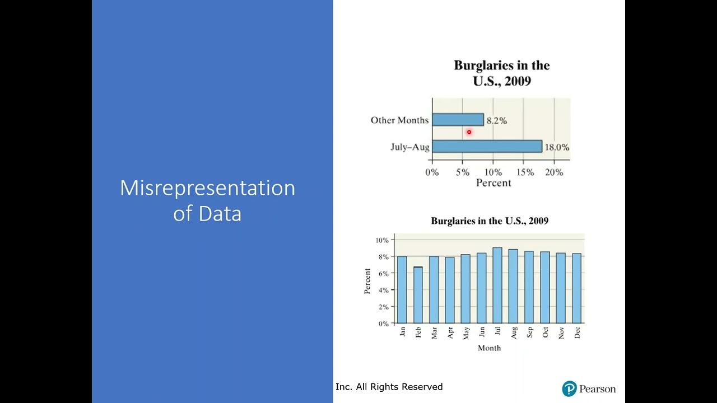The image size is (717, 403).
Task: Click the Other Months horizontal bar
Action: [458, 120]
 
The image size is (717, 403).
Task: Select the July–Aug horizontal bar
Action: [487, 147]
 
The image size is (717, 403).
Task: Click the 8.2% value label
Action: [496, 120]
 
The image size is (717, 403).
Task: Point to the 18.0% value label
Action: [558, 147]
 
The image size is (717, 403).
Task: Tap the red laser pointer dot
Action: [469, 132]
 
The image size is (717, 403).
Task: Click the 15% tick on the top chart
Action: [525, 172]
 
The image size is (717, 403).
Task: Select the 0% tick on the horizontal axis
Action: [432, 172]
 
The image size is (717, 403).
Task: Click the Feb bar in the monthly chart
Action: [418, 296]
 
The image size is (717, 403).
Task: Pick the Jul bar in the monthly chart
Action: [497, 285]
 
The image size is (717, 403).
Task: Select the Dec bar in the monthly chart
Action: [576, 288]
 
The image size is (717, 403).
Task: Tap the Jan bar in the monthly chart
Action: [402, 290]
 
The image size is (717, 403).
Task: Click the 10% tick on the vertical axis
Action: [382, 240]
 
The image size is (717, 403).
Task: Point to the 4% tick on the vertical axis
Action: [383, 290]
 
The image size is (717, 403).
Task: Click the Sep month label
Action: [529, 332]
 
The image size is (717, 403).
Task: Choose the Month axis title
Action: [489, 348]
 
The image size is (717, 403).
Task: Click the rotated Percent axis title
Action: [367, 282]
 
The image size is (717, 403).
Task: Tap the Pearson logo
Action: [589, 388]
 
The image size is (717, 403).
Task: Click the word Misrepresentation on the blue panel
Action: [207, 188]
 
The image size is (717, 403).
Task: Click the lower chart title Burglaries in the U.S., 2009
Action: [489, 221]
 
